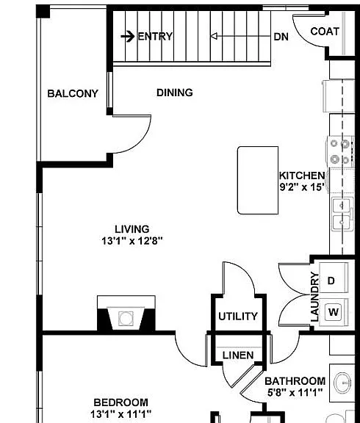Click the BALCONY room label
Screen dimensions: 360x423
(73, 93)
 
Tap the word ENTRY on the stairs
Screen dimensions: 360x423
(155, 36)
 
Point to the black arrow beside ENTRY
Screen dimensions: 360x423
(128, 36)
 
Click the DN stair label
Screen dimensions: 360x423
(281, 37)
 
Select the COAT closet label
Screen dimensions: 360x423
(325, 32)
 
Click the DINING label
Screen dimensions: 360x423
(175, 93)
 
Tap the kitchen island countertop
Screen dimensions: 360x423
(258, 180)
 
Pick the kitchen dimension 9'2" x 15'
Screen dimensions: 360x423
(302, 187)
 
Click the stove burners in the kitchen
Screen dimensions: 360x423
(339, 152)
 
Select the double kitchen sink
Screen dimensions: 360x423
(342, 214)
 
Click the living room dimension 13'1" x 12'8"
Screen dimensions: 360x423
(132, 240)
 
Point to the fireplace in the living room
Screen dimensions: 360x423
(126, 314)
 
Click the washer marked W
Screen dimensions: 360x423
(334, 312)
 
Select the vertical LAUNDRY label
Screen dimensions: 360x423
(314, 297)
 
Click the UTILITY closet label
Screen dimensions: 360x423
(238, 317)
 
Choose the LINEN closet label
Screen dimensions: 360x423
(238, 355)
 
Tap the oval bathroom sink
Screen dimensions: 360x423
(342, 383)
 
